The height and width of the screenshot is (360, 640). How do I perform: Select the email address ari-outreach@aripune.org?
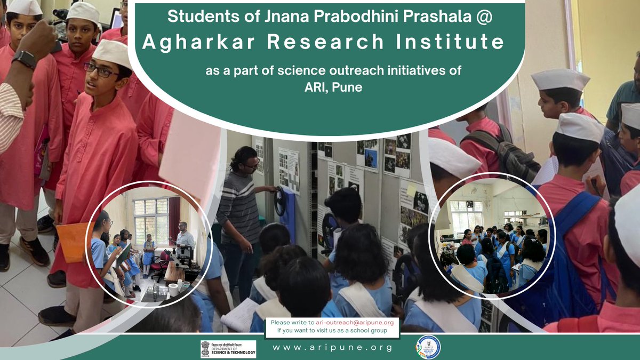pos(354,323)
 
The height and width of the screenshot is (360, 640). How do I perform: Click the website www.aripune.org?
pos(332,348)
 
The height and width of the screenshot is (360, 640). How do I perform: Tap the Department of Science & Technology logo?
pos(228,348)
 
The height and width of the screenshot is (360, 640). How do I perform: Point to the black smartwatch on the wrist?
pos(24,59)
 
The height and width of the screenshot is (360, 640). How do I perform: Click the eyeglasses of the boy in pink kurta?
pos(100,70)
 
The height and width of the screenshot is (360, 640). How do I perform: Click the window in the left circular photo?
pos(151,219)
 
